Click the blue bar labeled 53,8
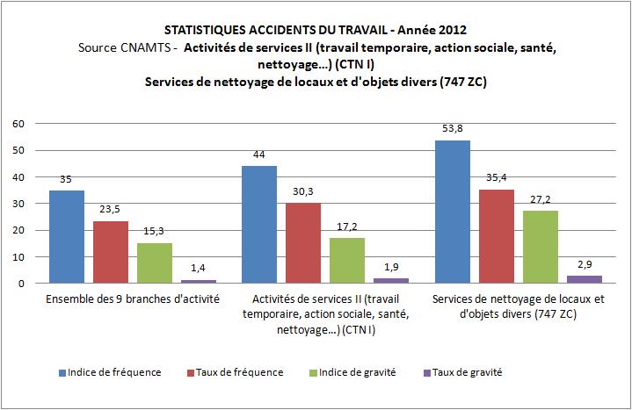(x=452, y=212)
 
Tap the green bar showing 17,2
(x=330, y=260)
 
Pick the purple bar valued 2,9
(x=584, y=279)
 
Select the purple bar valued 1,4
(x=198, y=281)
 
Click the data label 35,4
(x=497, y=179)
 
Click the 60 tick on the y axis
(x=18, y=124)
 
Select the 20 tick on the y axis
(x=18, y=231)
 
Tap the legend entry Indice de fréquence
(x=117, y=371)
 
